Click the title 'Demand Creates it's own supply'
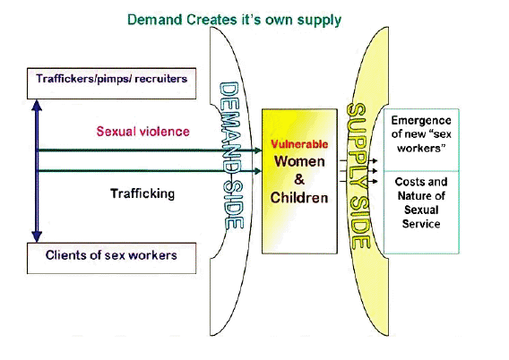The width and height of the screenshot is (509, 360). tap(234, 20)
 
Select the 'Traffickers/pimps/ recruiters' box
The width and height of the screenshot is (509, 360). tap(111, 83)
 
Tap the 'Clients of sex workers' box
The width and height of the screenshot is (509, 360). tap(111, 258)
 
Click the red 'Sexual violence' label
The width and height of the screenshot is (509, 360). tap(142, 132)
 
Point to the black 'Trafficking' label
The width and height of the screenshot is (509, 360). tap(142, 193)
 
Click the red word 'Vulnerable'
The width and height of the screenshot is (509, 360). tap(299, 144)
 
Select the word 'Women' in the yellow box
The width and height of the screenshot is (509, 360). tap(299, 161)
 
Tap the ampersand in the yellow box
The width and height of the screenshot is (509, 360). tap(299, 179)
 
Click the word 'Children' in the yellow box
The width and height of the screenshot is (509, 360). tap(299, 198)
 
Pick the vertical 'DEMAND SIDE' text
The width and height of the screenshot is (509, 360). tap(231, 156)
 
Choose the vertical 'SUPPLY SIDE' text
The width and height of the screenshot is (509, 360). tap(358, 176)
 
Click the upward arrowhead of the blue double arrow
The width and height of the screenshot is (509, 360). tap(37, 106)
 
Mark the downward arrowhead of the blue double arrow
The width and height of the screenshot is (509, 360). tap(37, 236)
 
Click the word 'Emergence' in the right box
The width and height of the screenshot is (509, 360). tap(421, 121)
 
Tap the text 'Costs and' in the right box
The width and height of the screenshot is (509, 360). tap(421, 182)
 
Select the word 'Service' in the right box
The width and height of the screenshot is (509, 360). tap(421, 224)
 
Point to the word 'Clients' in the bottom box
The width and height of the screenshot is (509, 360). tap(65, 255)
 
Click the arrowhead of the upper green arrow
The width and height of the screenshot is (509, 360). tap(258, 150)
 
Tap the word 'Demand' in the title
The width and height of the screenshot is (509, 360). tap(154, 20)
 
